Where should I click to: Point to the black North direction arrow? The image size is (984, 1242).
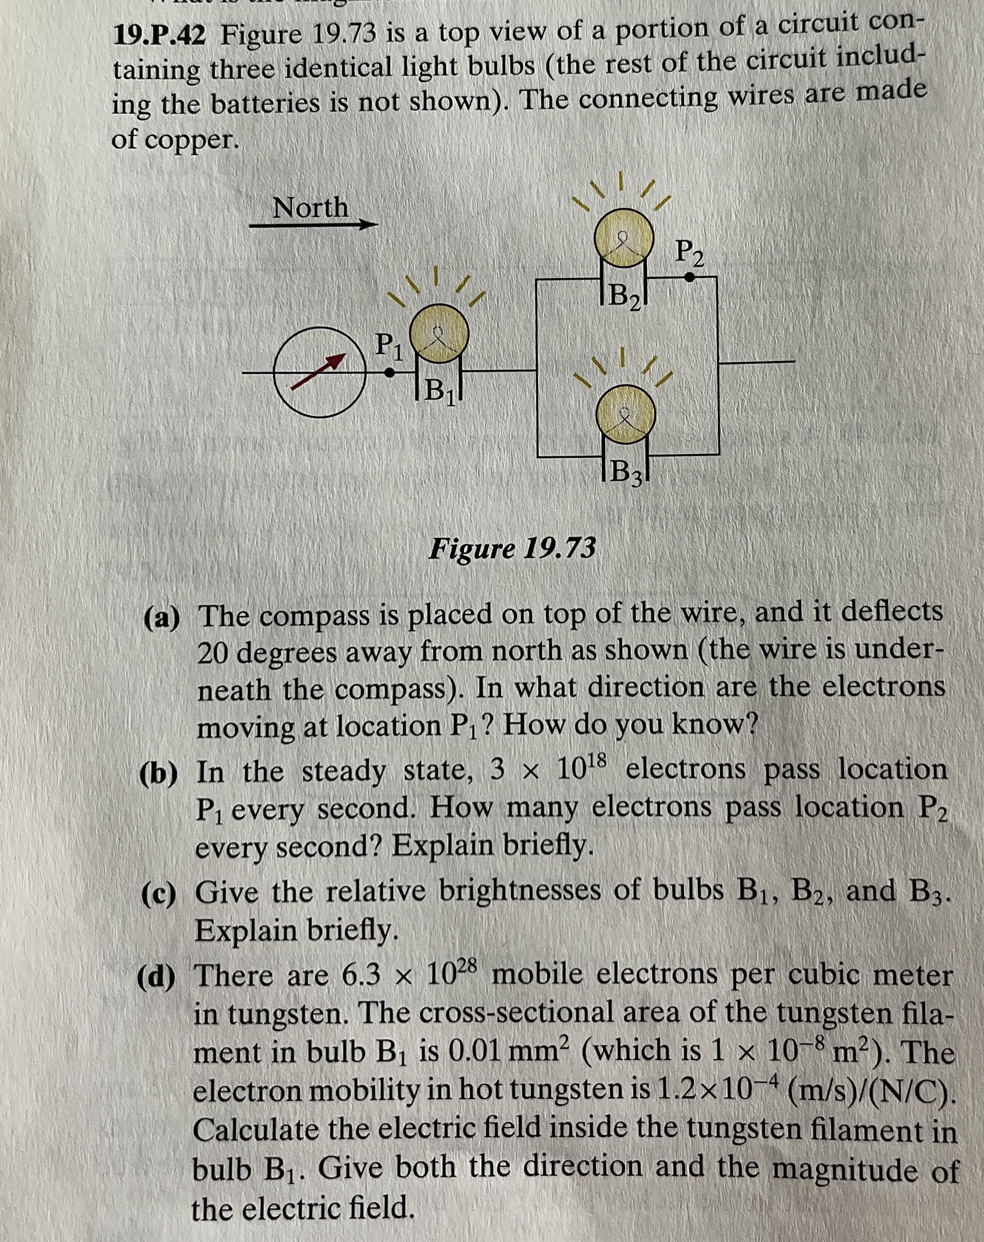[x=313, y=225]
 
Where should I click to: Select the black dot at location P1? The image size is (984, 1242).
[x=390, y=373]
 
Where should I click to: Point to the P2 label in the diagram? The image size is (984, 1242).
[x=689, y=253]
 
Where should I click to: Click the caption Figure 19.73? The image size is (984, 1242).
[x=513, y=548]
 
